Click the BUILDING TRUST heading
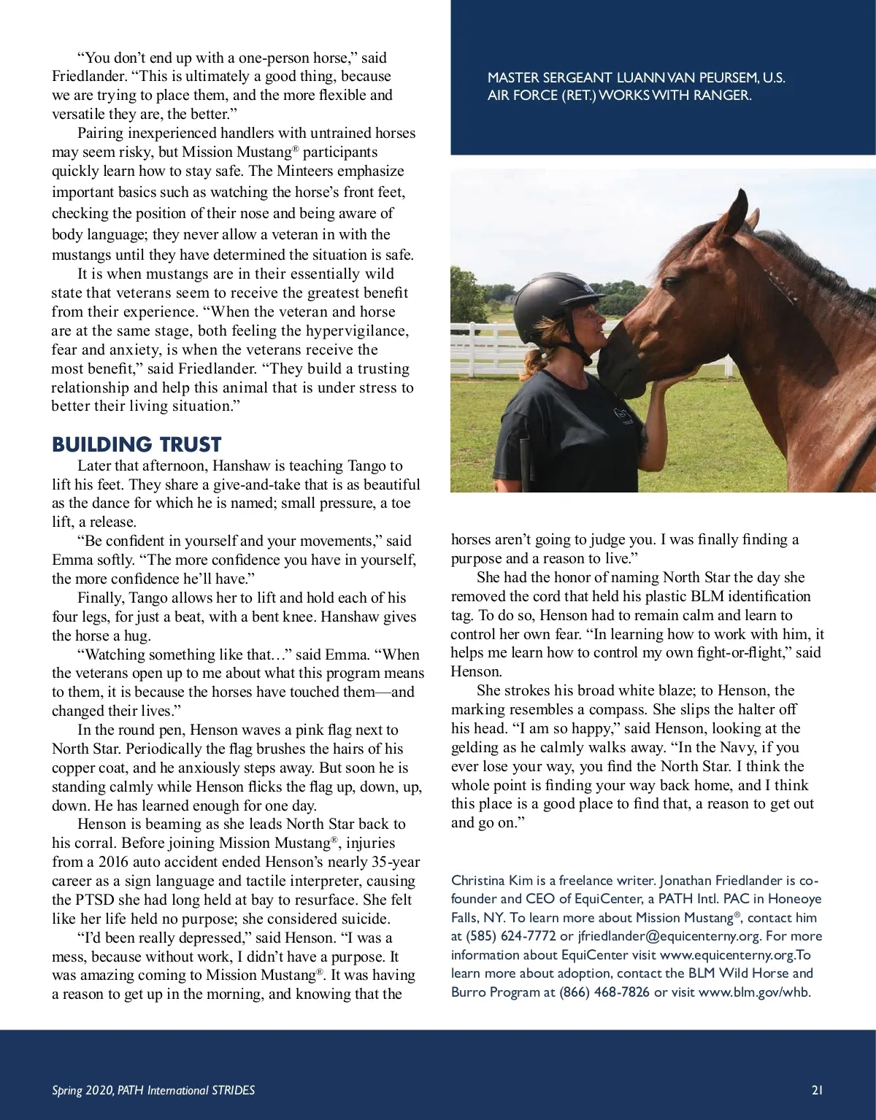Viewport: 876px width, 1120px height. pyautogui.click(x=137, y=444)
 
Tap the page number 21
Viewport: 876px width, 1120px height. pyautogui.click(x=817, y=1090)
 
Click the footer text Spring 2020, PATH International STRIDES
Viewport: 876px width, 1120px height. pyautogui.click(x=153, y=1090)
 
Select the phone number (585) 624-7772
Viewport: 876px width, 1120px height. pyautogui.click(x=504, y=936)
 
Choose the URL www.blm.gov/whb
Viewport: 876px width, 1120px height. pyautogui.click(x=754, y=992)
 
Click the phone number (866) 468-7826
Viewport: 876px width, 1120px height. pyautogui.click(x=604, y=992)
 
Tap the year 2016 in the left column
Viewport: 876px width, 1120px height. pyautogui.click(x=112, y=862)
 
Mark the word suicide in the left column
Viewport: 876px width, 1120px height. pyautogui.click(x=364, y=919)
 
